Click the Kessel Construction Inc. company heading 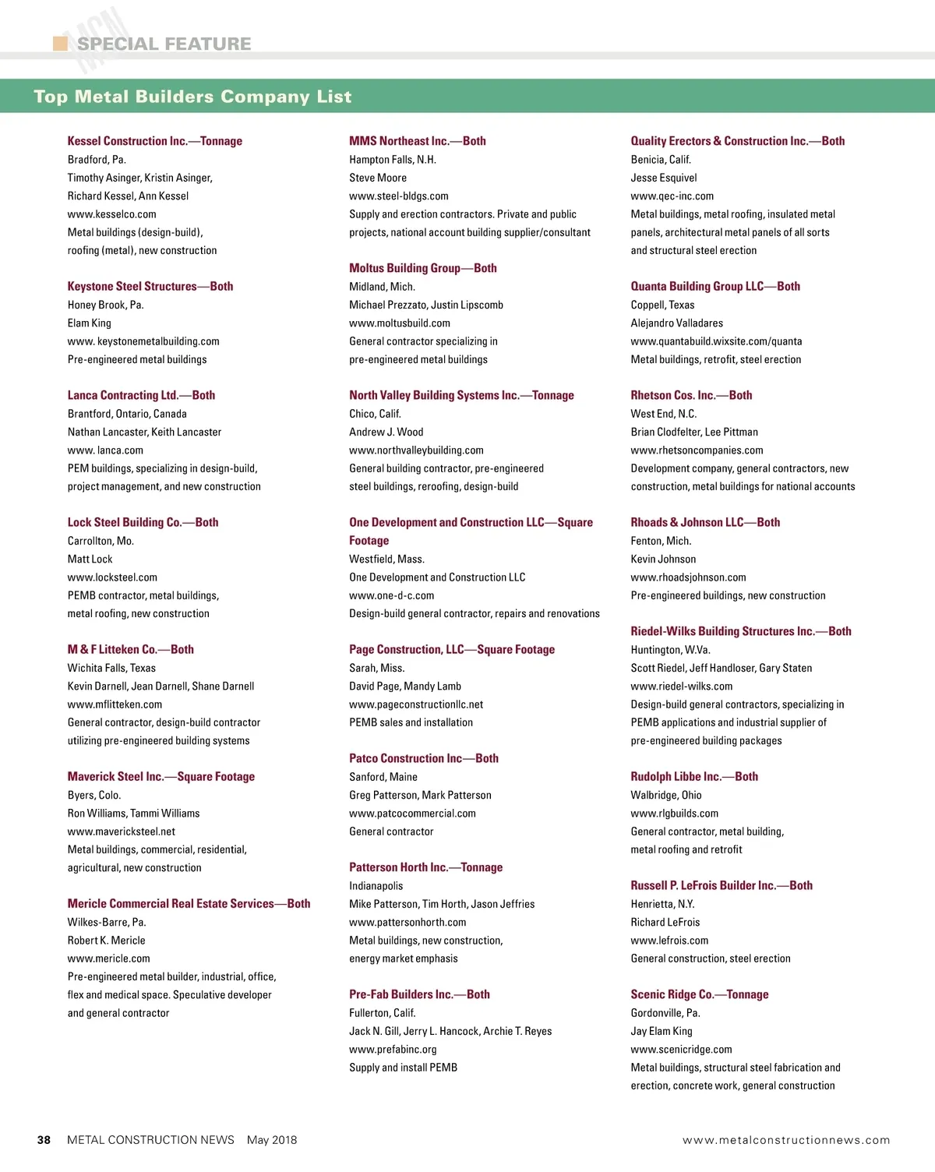pyautogui.click(x=154, y=141)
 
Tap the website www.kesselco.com pyautogui.click(x=111, y=214)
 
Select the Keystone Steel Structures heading pyautogui.click(x=150, y=287)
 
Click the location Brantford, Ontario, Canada pyautogui.click(x=127, y=414)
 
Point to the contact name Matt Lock pyautogui.click(x=90, y=560)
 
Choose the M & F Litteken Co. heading pyautogui.click(x=130, y=650)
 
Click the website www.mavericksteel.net pyautogui.click(x=121, y=831)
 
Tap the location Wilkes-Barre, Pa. pyautogui.click(x=107, y=923)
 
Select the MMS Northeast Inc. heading pyautogui.click(x=417, y=141)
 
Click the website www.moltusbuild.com pyautogui.click(x=399, y=323)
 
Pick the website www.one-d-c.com pyautogui.click(x=391, y=596)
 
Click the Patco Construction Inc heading pyautogui.click(x=423, y=759)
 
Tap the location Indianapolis pyautogui.click(x=376, y=886)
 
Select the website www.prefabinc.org pyautogui.click(x=393, y=1050)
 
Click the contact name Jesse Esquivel pyautogui.click(x=663, y=178)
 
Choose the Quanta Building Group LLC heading pyautogui.click(x=714, y=287)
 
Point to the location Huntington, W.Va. pyautogui.click(x=670, y=650)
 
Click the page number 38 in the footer pyautogui.click(x=44, y=1140)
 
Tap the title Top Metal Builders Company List pyautogui.click(x=192, y=97)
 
